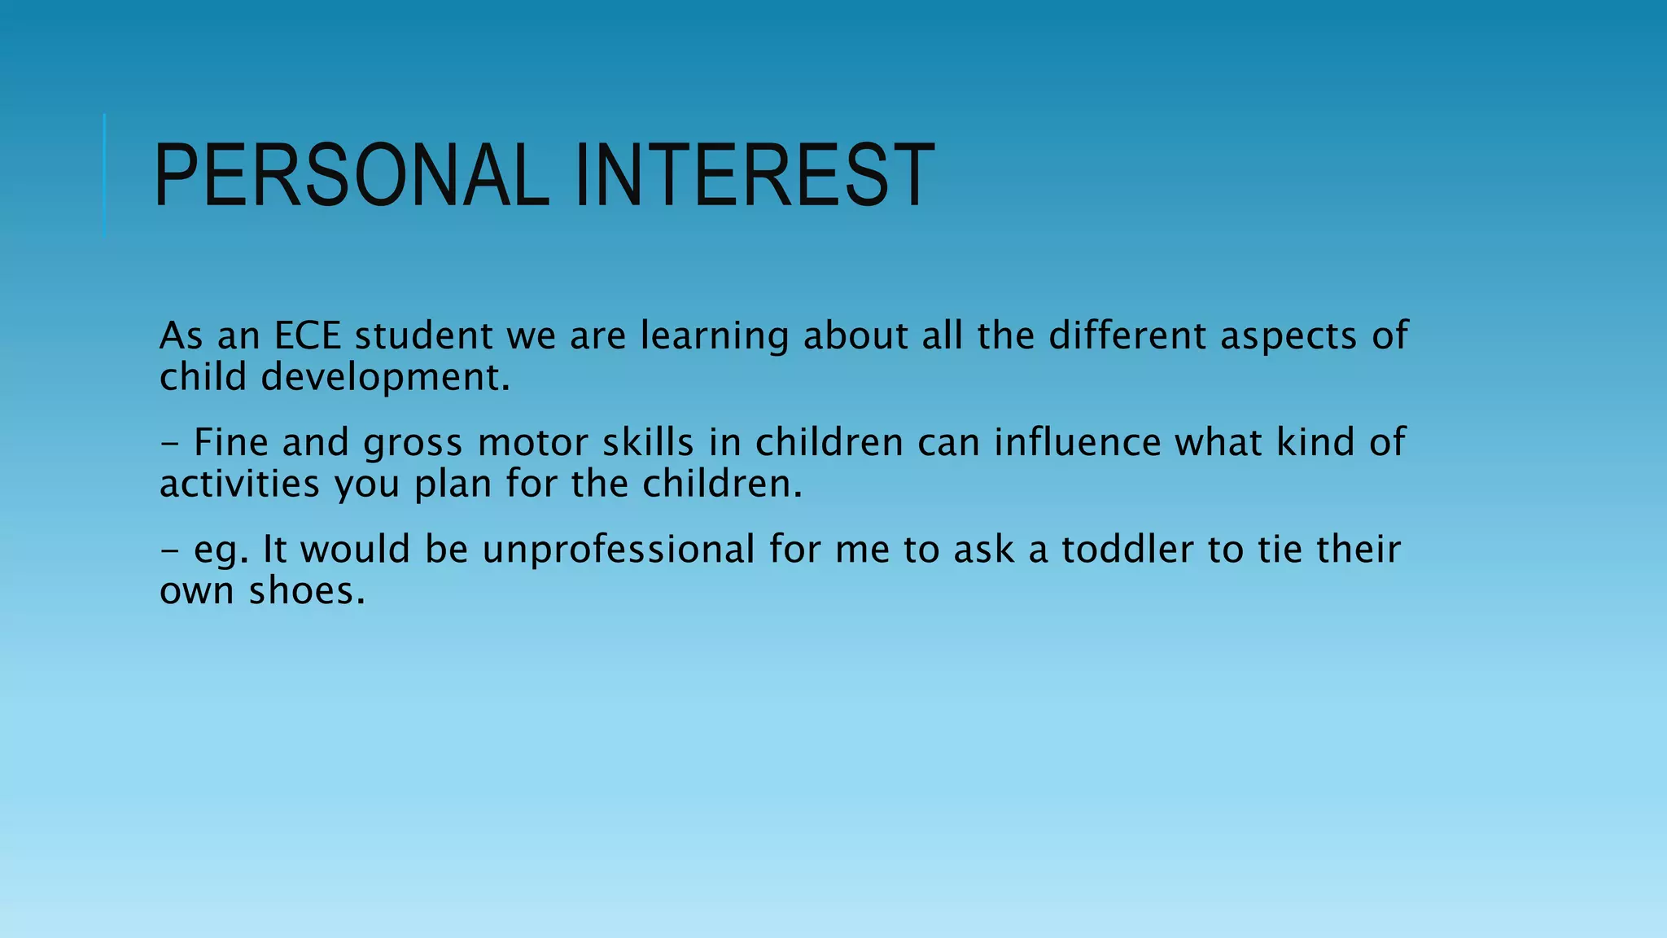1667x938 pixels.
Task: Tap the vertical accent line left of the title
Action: pos(105,176)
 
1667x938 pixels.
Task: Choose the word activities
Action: pos(239,484)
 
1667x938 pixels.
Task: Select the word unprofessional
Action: pos(619,550)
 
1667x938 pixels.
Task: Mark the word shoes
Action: pos(307,591)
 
